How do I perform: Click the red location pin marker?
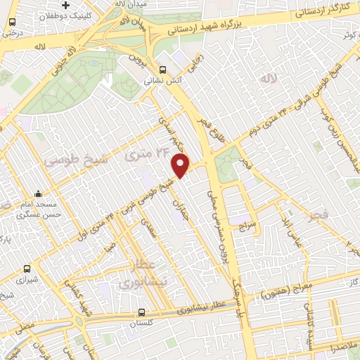181,166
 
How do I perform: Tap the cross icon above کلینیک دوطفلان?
65,4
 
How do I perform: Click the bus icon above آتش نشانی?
163,70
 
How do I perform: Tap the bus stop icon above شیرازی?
27,268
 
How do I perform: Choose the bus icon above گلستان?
141,311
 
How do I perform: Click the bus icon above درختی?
12,23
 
